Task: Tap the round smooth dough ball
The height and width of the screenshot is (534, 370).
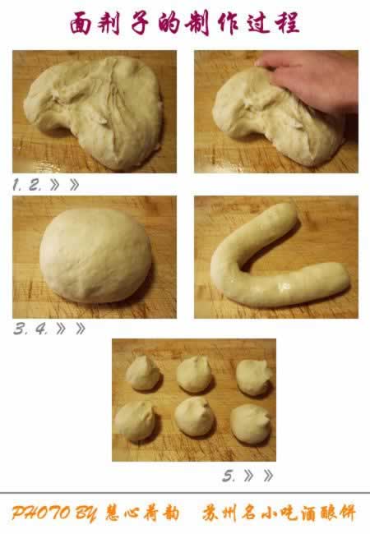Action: point(95,254)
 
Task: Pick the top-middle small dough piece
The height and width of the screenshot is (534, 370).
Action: point(195,375)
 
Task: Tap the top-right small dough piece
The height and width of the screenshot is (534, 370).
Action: point(253,377)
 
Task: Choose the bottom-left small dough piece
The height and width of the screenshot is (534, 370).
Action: point(135,421)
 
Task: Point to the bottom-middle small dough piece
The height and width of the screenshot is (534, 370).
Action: point(195,417)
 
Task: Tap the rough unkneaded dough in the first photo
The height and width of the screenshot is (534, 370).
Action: point(95,111)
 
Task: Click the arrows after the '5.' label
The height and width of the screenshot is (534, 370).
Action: point(258,476)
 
